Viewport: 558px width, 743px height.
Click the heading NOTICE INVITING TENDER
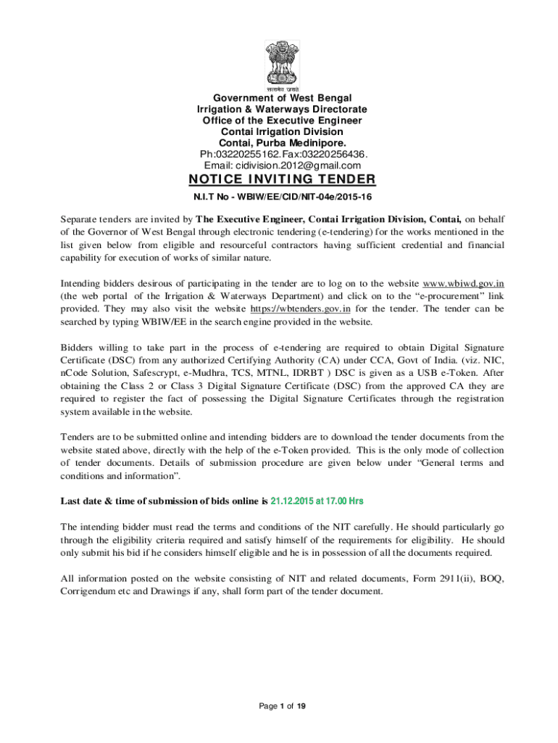[282, 179]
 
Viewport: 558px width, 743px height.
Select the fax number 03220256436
[330, 154]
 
